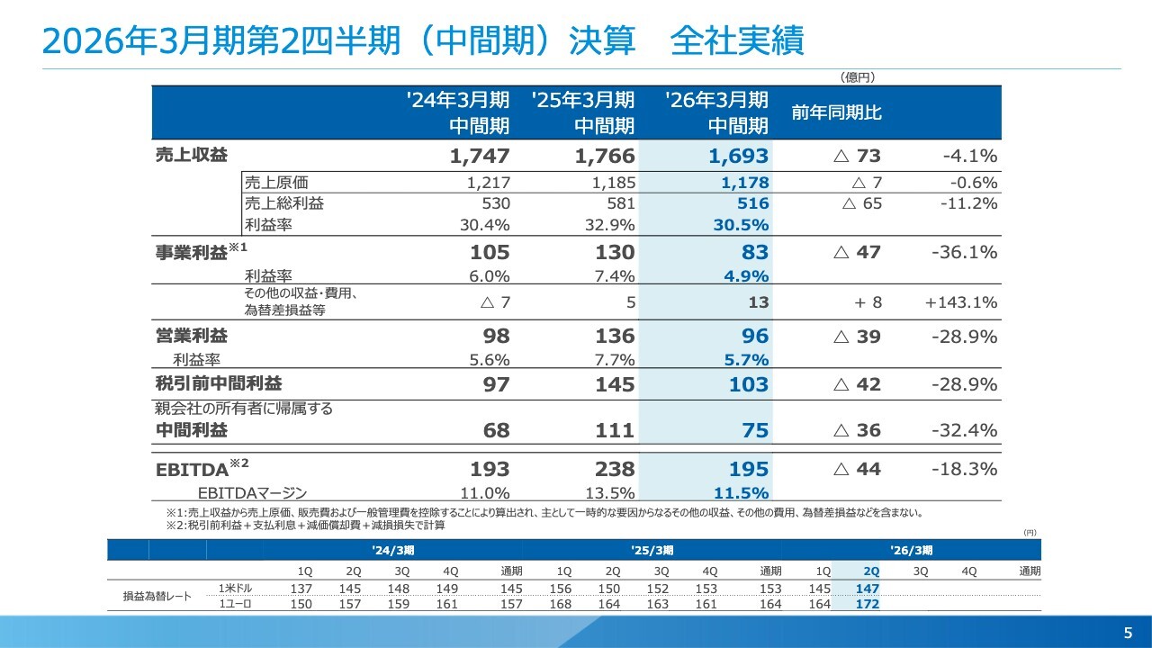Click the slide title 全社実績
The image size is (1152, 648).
(737, 41)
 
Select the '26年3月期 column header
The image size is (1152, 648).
(716, 112)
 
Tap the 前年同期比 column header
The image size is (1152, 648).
(836, 112)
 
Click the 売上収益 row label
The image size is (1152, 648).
(192, 155)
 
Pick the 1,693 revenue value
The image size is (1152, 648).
(738, 156)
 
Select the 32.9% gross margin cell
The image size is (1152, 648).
(609, 225)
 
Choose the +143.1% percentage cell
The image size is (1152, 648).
(960, 302)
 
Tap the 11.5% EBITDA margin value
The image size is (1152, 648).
(741, 492)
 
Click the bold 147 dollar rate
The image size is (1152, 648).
(867, 588)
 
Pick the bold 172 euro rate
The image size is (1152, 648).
(867, 604)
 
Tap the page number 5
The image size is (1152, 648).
(1128, 631)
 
